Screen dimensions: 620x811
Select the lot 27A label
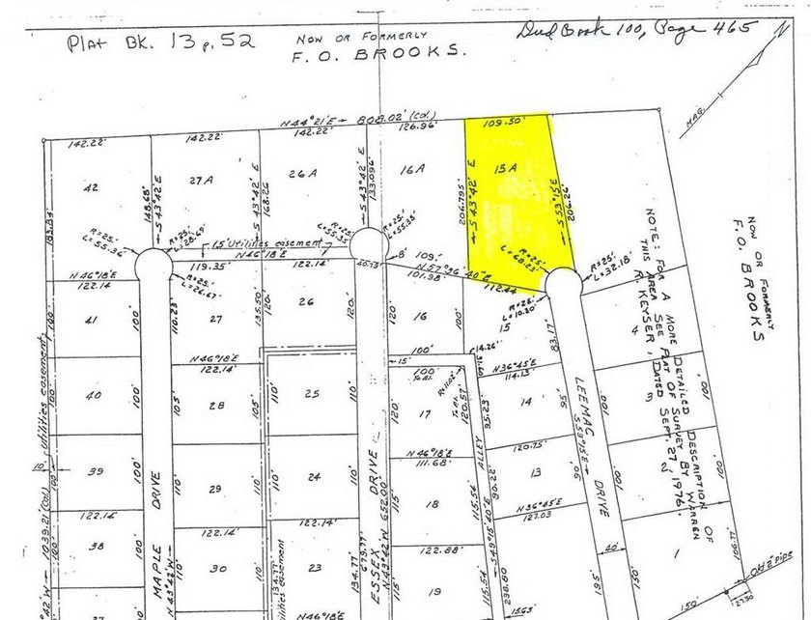(201, 180)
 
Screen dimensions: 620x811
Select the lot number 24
(312, 477)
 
